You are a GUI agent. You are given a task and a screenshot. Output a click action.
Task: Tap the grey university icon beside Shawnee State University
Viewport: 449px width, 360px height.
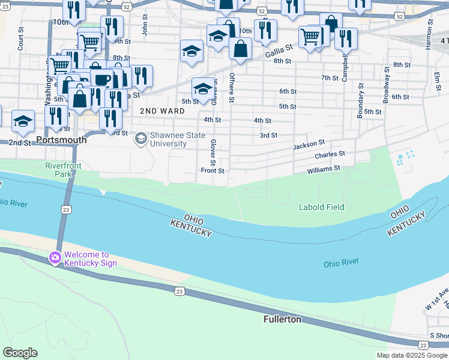pos(141,139)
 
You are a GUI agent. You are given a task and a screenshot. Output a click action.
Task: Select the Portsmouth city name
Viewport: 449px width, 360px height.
pos(61,140)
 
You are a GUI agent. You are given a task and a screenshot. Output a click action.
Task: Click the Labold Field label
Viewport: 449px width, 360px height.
pos(322,208)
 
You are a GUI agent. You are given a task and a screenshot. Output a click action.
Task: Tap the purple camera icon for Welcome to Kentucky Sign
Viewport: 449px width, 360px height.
pos(55,258)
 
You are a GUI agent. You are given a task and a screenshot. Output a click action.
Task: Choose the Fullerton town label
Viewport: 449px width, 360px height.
pos(282,320)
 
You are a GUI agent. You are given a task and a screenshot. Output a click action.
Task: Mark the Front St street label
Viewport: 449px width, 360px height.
pos(212,171)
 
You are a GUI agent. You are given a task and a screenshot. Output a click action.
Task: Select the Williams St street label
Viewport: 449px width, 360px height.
pos(324,169)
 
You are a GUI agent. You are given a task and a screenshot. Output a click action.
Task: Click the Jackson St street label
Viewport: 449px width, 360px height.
pos(309,145)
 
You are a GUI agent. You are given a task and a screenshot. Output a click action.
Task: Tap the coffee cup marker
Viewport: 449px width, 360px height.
pos(101,79)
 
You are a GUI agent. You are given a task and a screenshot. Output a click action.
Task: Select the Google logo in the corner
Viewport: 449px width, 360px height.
pos(20,353)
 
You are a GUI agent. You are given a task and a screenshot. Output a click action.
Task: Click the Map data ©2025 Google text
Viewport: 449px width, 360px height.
pos(411,355)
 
